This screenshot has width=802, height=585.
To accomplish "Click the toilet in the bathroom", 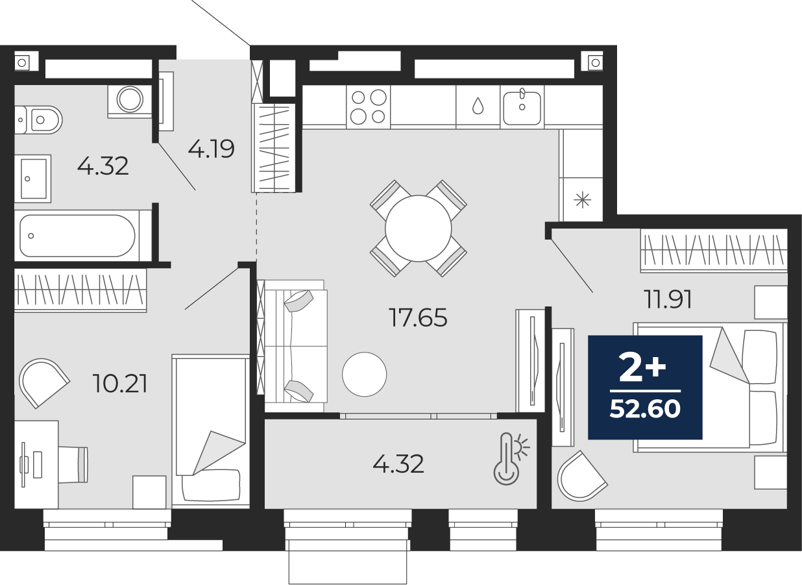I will (x=40, y=119).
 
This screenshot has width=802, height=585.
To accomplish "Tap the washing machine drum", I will (x=130, y=99).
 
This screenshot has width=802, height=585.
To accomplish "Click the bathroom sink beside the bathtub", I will (x=32, y=177).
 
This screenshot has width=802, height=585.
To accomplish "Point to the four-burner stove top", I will (x=368, y=106).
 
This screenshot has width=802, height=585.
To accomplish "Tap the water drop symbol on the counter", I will (x=478, y=106).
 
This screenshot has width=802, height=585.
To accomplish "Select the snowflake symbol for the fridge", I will (x=581, y=199).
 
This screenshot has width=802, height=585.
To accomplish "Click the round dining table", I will (x=418, y=229).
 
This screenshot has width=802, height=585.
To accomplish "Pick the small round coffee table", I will (x=364, y=374).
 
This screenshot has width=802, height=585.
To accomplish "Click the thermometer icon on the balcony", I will (x=509, y=459).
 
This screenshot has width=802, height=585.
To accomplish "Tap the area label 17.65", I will (x=418, y=317).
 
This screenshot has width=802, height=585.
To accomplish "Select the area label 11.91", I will (x=668, y=299).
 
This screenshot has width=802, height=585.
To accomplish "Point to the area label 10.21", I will (x=121, y=384).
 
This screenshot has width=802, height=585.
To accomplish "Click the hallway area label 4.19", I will (x=211, y=150).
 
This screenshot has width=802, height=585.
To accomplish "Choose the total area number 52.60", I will (x=645, y=409).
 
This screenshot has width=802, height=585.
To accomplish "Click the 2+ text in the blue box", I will (x=642, y=369).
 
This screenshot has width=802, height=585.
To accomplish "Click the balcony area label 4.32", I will (x=398, y=464).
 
